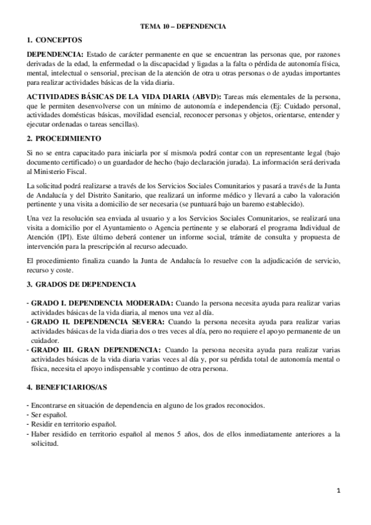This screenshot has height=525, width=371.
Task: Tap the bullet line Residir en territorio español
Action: pyautogui.click(x=73, y=424)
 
